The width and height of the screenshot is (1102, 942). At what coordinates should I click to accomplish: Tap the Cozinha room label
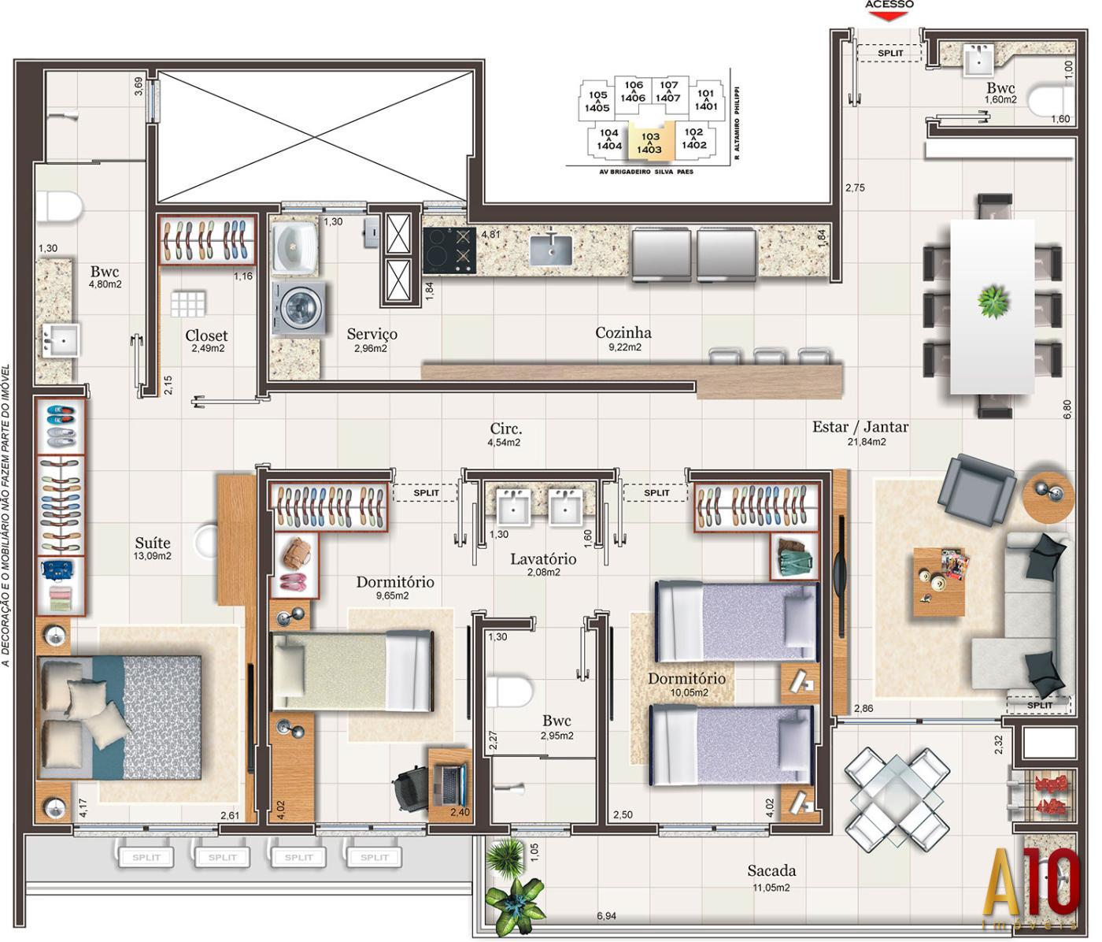623,333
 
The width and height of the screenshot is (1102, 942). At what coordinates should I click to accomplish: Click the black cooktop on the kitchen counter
449,250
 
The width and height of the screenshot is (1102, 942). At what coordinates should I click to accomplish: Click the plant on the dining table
993,301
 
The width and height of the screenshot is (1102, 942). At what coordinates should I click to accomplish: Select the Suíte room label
153,543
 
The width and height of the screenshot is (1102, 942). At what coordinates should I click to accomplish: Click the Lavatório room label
543,559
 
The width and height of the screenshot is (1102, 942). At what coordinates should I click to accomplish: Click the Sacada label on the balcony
771,870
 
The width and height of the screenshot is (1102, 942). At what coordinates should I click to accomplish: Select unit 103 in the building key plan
649,143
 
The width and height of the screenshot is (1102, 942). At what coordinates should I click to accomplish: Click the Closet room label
207,336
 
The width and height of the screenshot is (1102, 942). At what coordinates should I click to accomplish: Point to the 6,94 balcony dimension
606,916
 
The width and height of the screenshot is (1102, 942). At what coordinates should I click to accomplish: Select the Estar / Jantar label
860,427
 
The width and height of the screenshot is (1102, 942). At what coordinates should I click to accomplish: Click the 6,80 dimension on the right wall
1067,410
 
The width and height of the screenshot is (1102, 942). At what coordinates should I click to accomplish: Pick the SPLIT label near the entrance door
890,53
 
